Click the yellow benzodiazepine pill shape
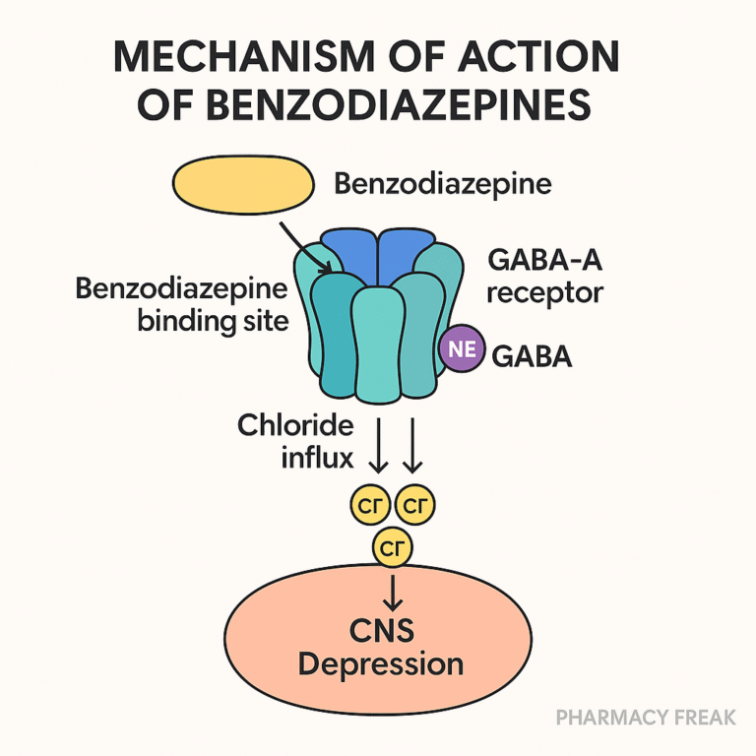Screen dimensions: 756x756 click(x=243, y=184)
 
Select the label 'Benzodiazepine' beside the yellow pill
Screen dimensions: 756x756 click(x=443, y=184)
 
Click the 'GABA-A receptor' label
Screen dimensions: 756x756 click(x=544, y=278)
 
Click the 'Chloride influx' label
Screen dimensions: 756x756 click(x=294, y=442)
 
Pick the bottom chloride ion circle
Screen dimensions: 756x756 click(x=393, y=549)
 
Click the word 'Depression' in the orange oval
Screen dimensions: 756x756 click(x=381, y=663)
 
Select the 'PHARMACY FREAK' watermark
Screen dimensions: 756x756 click(x=646, y=717)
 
